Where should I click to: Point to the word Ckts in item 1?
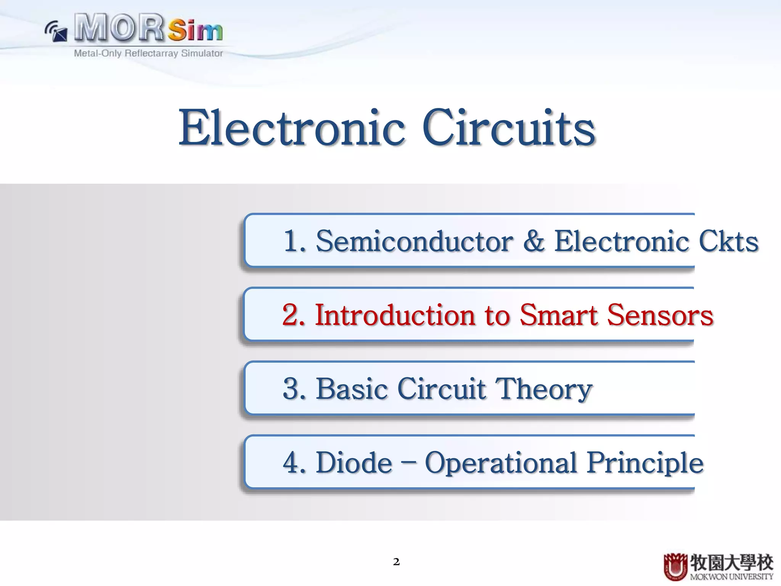(728, 241)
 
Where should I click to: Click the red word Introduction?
(395, 316)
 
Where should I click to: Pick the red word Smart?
(559, 316)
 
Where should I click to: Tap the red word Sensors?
(660, 316)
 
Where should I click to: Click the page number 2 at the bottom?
(396, 562)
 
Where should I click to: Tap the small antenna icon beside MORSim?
(56, 31)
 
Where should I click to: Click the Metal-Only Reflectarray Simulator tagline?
(148, 53)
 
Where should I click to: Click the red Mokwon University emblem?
(675, 567)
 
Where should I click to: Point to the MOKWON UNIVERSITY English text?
(731, 577)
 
